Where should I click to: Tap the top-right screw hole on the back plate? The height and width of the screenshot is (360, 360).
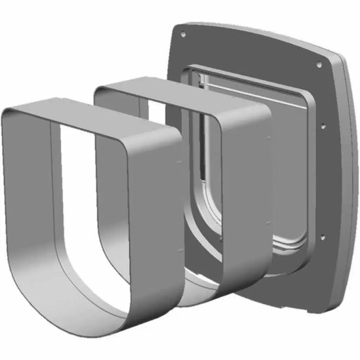click(318, 64)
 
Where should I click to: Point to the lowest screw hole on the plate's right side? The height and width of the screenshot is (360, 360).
click(322, 238)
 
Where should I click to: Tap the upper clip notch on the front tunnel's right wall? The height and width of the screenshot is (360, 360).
click(178, 161)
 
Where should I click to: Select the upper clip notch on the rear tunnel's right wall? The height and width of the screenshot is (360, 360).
click(268, 137)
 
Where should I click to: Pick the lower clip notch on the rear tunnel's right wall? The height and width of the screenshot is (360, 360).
click(268, 222)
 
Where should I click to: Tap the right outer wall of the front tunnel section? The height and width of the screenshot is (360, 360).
click(154, 216)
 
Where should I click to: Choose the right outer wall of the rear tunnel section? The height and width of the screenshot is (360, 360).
click(247, 195)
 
